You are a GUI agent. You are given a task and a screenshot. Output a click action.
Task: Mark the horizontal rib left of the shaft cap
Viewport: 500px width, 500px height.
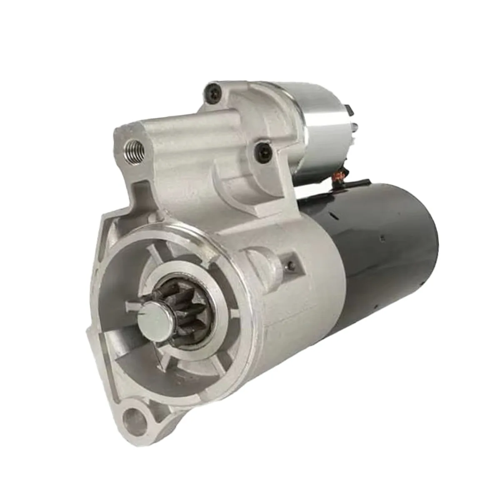pyautogui.click(x=132, y=307)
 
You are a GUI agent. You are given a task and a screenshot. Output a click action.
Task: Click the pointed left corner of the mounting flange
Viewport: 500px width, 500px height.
pyautogui.click(x=88, y=332)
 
